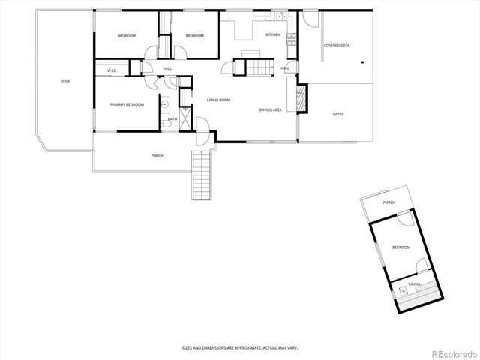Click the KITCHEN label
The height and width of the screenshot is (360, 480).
pyautogui.click(x=273, y=35)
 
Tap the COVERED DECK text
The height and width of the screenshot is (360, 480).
pyautogui.click(x=337, y=46)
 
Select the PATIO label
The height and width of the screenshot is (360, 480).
pyautogui.click(x=339, y=114)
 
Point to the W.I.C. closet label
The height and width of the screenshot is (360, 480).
pyautogui.click(x=112, y=71)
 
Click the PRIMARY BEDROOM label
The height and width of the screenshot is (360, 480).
pyautogui.click(x=127, y=104)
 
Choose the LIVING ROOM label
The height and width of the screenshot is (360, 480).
pyautogui.click(x=218, y=100)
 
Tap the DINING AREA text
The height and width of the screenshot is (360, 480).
pyautogui.click(x=271, y=110)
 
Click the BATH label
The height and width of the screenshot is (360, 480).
pyautogui.click(x=172, y=118)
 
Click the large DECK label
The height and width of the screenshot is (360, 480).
pyautogui.click(x=65, y=81)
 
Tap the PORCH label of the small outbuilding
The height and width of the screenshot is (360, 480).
pyautogui.click(x=389, y=202)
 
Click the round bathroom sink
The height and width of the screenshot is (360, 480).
pyautogui.click(x=163, y=104)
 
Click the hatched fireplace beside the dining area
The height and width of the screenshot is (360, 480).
pyautogui.click(x=301, y=97)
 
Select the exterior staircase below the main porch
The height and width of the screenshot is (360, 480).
pyautogui.click(x=201, y=175)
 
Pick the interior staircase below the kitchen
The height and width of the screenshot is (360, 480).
pyautogui.click(x=258, y=67)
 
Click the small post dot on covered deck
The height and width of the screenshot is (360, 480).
pyautogui.click(x=361, y=63)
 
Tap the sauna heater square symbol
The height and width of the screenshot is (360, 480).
pyautogui.click(x=403, y=289)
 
